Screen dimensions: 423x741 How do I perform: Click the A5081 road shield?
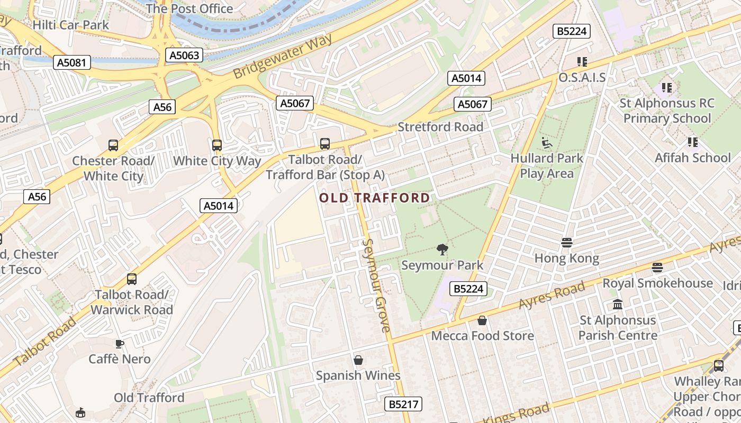(x=72, y=63)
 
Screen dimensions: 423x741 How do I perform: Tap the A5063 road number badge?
(x=184, y=55)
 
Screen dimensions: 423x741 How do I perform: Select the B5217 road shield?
(x=403, y=404)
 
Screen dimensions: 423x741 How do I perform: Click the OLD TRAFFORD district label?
(x=375, y=198)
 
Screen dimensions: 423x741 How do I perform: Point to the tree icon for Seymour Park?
(x=442, y=250)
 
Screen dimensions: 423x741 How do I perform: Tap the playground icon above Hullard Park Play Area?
(x=546, y=143)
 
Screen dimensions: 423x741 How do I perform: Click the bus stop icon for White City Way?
(x=216, y=145)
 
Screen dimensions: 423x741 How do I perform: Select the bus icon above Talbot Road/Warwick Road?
(x=131, y=279)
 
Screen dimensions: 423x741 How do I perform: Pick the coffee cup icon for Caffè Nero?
(x=120, y=344)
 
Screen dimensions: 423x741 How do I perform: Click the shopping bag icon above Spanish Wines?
(x=358, y=360)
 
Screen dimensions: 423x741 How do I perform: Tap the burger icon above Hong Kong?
(x=566, y=243)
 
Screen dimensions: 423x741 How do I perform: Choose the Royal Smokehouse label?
(x=657, y=283)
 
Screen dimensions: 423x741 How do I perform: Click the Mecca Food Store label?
(x=482, y=336)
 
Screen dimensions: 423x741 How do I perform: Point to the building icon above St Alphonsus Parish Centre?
(x=617, y=305)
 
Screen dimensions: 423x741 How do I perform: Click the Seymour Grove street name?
(x=377, y=286)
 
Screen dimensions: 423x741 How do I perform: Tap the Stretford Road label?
(x=440, y=127)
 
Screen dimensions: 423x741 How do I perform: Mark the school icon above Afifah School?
(x=692, y=142)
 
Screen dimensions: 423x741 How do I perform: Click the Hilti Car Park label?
(x=70, y=25)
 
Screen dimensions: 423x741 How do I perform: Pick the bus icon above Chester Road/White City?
(x=113, y=145)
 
